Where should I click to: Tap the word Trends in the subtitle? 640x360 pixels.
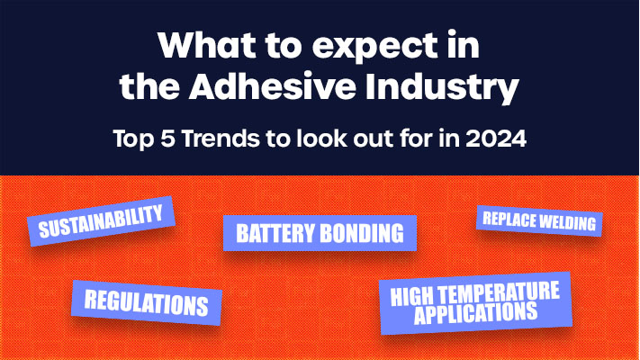(x=209, y=141)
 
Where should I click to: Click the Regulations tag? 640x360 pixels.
(x=146, y=301)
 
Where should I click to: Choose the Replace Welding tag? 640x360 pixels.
(x=537, y=220)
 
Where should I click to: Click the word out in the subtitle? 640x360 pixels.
(x=364, y=141)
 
